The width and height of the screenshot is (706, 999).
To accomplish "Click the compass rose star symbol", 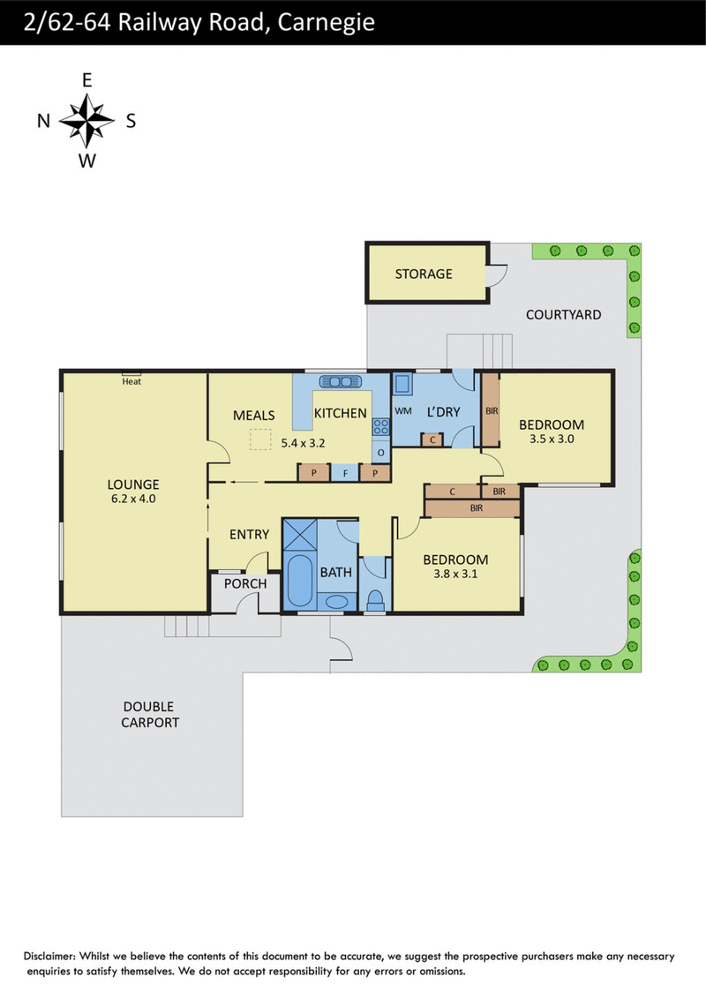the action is (x=86, y=120).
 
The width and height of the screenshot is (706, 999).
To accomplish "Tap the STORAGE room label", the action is (x=424, y=274).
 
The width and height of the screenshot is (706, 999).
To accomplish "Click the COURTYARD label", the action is (x=563, y=315).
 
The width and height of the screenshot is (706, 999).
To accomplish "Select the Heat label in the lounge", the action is (x=131, y=381).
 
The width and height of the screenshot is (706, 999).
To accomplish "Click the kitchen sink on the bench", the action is (x=341, y=381).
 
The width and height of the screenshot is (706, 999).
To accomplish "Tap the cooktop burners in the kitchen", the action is (x=381, y=426).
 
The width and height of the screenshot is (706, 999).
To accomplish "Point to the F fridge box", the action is (x=345, y=473).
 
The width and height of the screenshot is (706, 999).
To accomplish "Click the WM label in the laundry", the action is (x=403, y=411).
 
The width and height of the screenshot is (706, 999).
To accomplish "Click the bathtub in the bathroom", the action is (x=299, y=581).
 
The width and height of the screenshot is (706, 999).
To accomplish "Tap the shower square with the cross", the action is (x=299, y=535).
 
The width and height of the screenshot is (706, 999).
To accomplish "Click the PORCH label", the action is (x=245, y=583).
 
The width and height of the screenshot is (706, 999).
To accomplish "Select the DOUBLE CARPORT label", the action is (x=150, y=715).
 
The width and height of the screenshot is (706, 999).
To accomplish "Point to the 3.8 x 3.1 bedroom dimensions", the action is (x=455, y=574).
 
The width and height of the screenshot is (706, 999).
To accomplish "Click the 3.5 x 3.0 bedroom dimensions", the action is (x=552, y=439).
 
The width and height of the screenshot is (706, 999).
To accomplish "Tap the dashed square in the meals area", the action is (x=260, y=439).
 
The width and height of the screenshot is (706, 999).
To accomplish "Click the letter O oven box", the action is (x=381, y=453).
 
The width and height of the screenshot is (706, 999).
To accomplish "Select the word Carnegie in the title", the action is (x=327, y=23).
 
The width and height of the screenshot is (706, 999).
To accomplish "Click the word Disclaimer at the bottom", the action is (x=50, y=956).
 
